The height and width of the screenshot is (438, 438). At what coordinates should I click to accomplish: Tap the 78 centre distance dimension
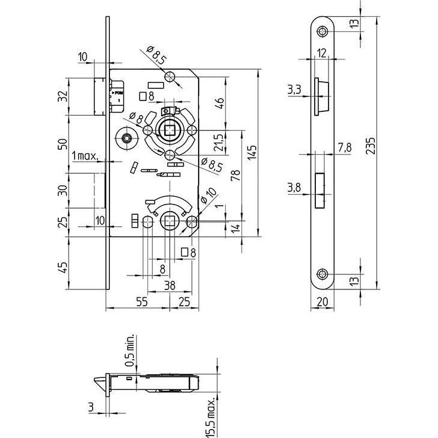pyautogui.click(x=235, y=176)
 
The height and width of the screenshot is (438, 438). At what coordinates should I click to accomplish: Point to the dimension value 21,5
pyautogui.click(x=218, y=143)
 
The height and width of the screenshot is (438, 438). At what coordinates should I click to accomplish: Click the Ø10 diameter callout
pyautogui.click(x=210, y=197)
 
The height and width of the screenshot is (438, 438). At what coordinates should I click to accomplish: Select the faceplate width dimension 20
pyautogui.click(x=324, y=302)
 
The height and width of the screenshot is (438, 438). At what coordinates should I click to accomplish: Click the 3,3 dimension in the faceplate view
pyautogui.click(x=295, y=90)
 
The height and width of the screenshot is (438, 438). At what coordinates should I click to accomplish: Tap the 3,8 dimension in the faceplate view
pyautogui.click(x=295, y=188)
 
